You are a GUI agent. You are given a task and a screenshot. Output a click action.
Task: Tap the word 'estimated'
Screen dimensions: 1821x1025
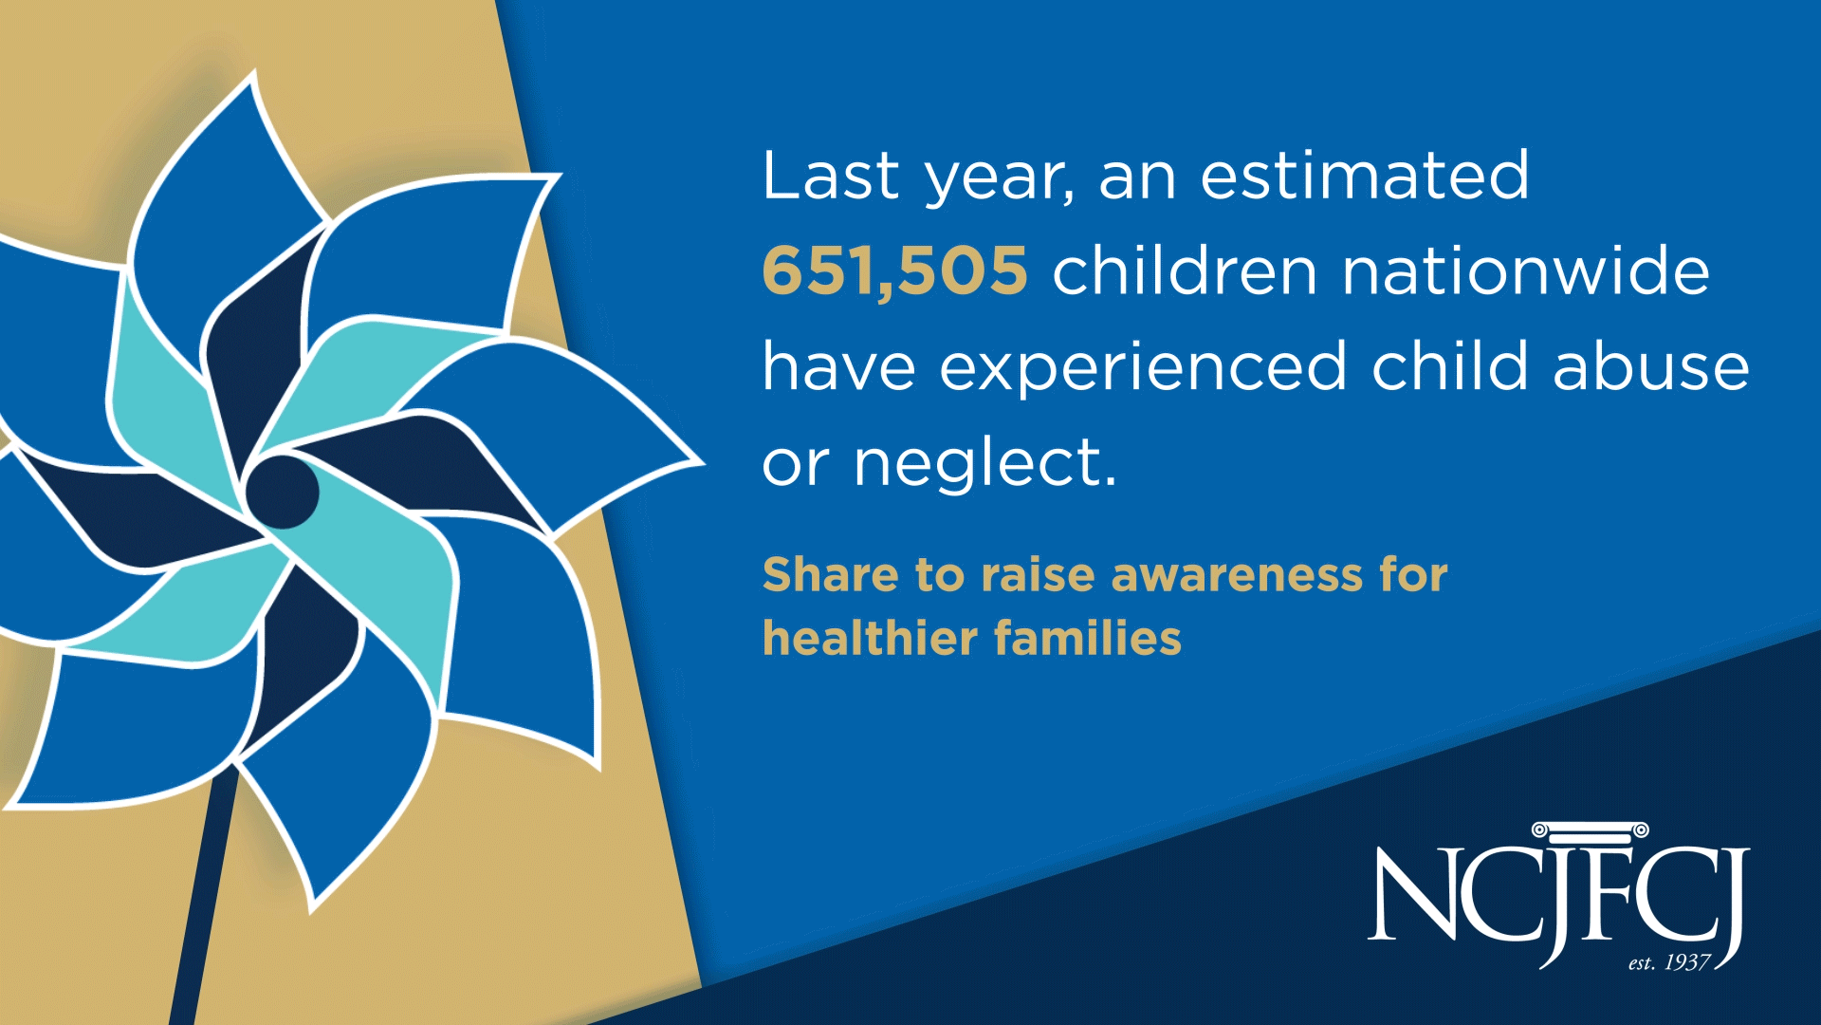tap(1365, 176)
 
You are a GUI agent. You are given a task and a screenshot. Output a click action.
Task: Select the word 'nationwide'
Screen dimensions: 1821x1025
tap(1526, 270)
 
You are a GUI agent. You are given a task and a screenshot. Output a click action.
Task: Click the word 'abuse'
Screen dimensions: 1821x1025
tap(1651, 365)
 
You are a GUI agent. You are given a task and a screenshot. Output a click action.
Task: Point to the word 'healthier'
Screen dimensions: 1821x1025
tap(870, 638)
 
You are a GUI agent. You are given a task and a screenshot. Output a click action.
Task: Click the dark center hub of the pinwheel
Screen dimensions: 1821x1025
tap(282, 492)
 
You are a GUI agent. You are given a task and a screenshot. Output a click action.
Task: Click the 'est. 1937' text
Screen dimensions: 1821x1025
tap(1669, 962)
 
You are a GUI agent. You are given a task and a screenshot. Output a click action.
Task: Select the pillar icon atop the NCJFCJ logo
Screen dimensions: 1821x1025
tap(1591, 832)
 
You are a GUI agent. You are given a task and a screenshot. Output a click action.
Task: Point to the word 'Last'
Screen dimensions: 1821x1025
tap(831, 176)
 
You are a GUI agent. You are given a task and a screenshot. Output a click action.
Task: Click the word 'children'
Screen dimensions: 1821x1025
tap(1185, 270)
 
